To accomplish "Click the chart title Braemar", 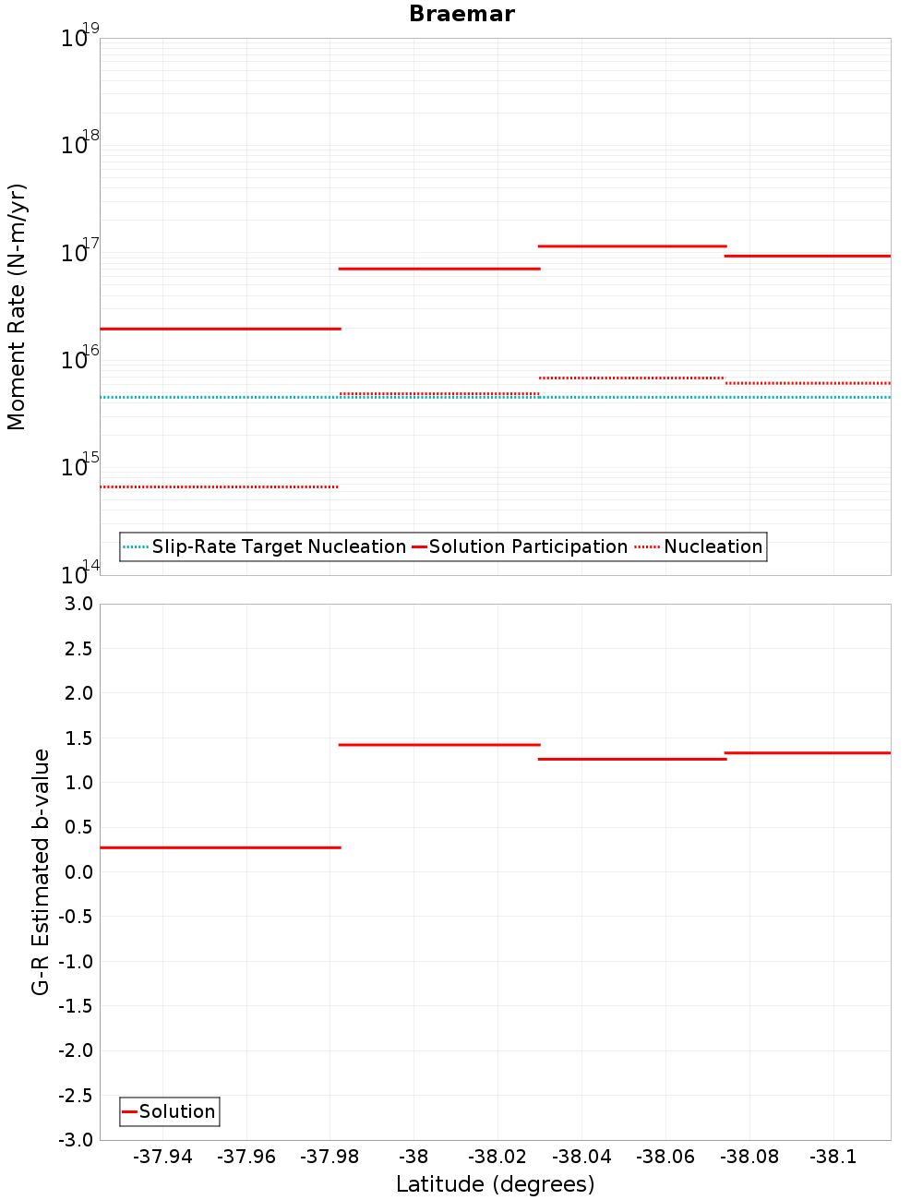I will (461, 14).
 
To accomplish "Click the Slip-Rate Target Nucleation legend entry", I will (278, 546).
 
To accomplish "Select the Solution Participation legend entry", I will (528, 546).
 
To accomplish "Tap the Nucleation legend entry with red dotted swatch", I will (713, 546).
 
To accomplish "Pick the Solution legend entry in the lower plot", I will (177, 1111).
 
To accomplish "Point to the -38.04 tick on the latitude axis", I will (581, 1157).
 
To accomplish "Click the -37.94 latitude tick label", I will (162, 1157).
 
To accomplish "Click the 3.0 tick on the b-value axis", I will (78, 604).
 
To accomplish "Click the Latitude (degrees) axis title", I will (495, 1184).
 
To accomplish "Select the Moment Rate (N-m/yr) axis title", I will (17, 306).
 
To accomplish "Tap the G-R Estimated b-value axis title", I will (41, 872).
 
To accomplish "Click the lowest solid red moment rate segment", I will (220, 329).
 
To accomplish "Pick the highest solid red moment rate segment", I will (632, 246).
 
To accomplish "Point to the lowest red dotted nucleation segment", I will (220, 486).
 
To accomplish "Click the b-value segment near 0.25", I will (220, 847).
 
